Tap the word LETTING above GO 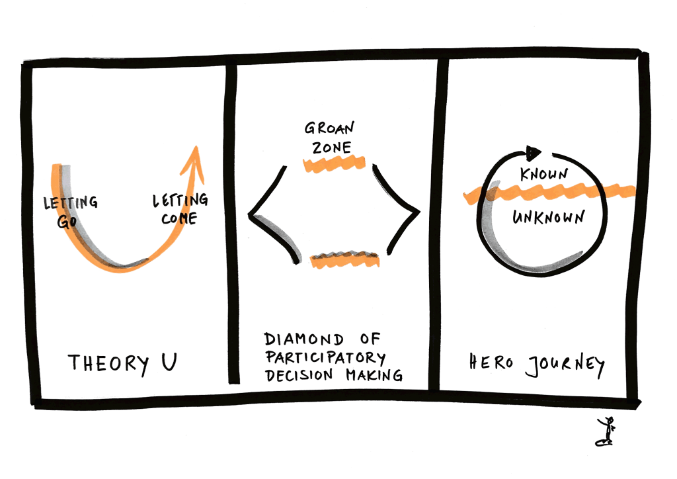click(71, 202)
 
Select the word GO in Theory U click(67, 222)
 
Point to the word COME click(179, 218)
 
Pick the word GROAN click(329, 128)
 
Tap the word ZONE click(332, 148)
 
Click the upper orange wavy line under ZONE click(334, 164)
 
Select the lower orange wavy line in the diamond click(345, 259)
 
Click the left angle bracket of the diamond click(273, 214)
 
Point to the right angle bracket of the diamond click(397, 210)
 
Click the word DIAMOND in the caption click(304, 339)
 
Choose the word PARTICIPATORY click(325, 357)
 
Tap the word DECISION click(299, 375)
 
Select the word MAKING click(374, 375)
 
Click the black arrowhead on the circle click(534, 152)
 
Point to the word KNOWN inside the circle click(544, 175)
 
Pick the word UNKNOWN click(548, 217)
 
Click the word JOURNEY click(565, 365)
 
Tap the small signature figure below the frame click(605, 431)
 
